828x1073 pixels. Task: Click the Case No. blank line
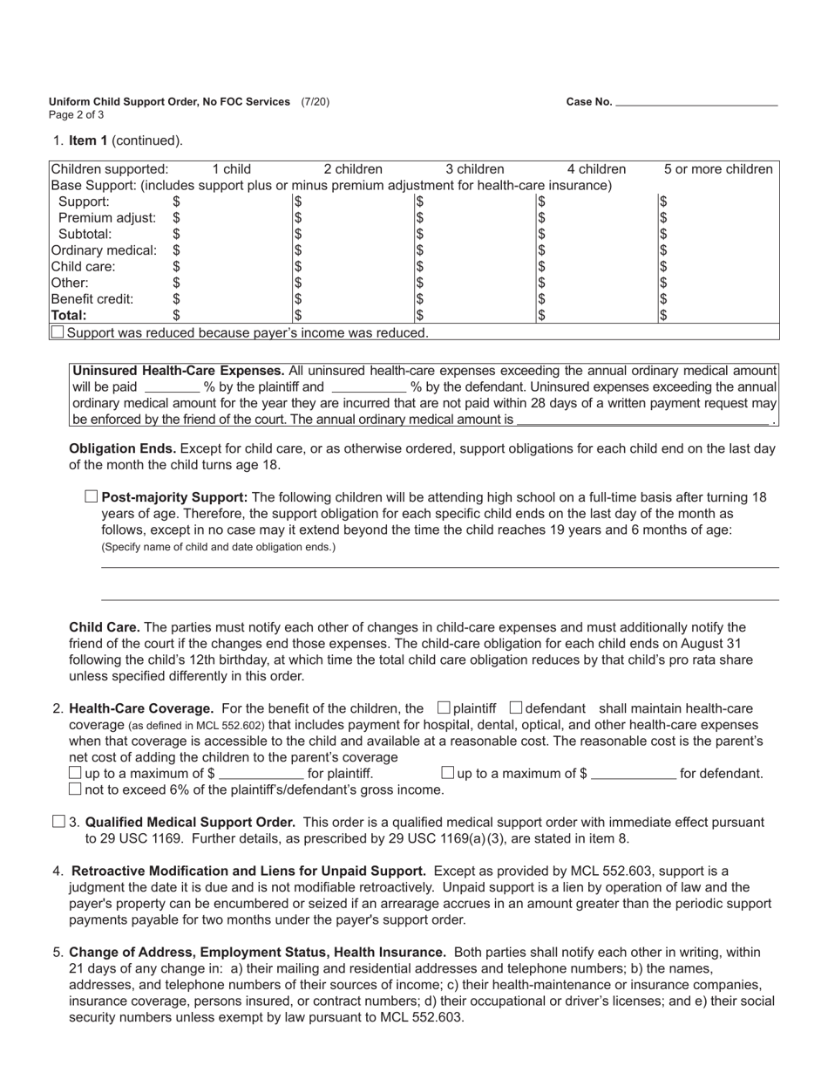[x=696, y=102]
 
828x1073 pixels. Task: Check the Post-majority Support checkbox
[x=92, y=497]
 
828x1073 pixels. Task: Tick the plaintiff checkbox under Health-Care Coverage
[x=444, y=707]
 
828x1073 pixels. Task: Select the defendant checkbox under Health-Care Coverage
[x=515, y=707]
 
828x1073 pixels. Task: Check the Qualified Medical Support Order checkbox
[x=58, y=822]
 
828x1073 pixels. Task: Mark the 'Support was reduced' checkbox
[x=58, y=331]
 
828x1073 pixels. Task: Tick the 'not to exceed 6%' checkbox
[x=75, y=789]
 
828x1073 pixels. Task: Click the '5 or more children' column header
[x=717, y=169]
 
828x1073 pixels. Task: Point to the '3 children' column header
[x=475, y=169]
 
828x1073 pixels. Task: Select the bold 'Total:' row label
[x=69, y=315]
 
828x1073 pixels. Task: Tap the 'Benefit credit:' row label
[x=92, y=298]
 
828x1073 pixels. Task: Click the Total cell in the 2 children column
[x=352, y=315]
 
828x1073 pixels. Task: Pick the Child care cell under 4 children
[x=595, y=266]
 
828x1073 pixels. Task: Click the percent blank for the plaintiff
[x=171, y=386]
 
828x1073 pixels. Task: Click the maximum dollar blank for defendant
[x=633, y=773]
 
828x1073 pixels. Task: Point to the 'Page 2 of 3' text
[x=77, y=115]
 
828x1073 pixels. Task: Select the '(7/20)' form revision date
[x=316, y=102]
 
